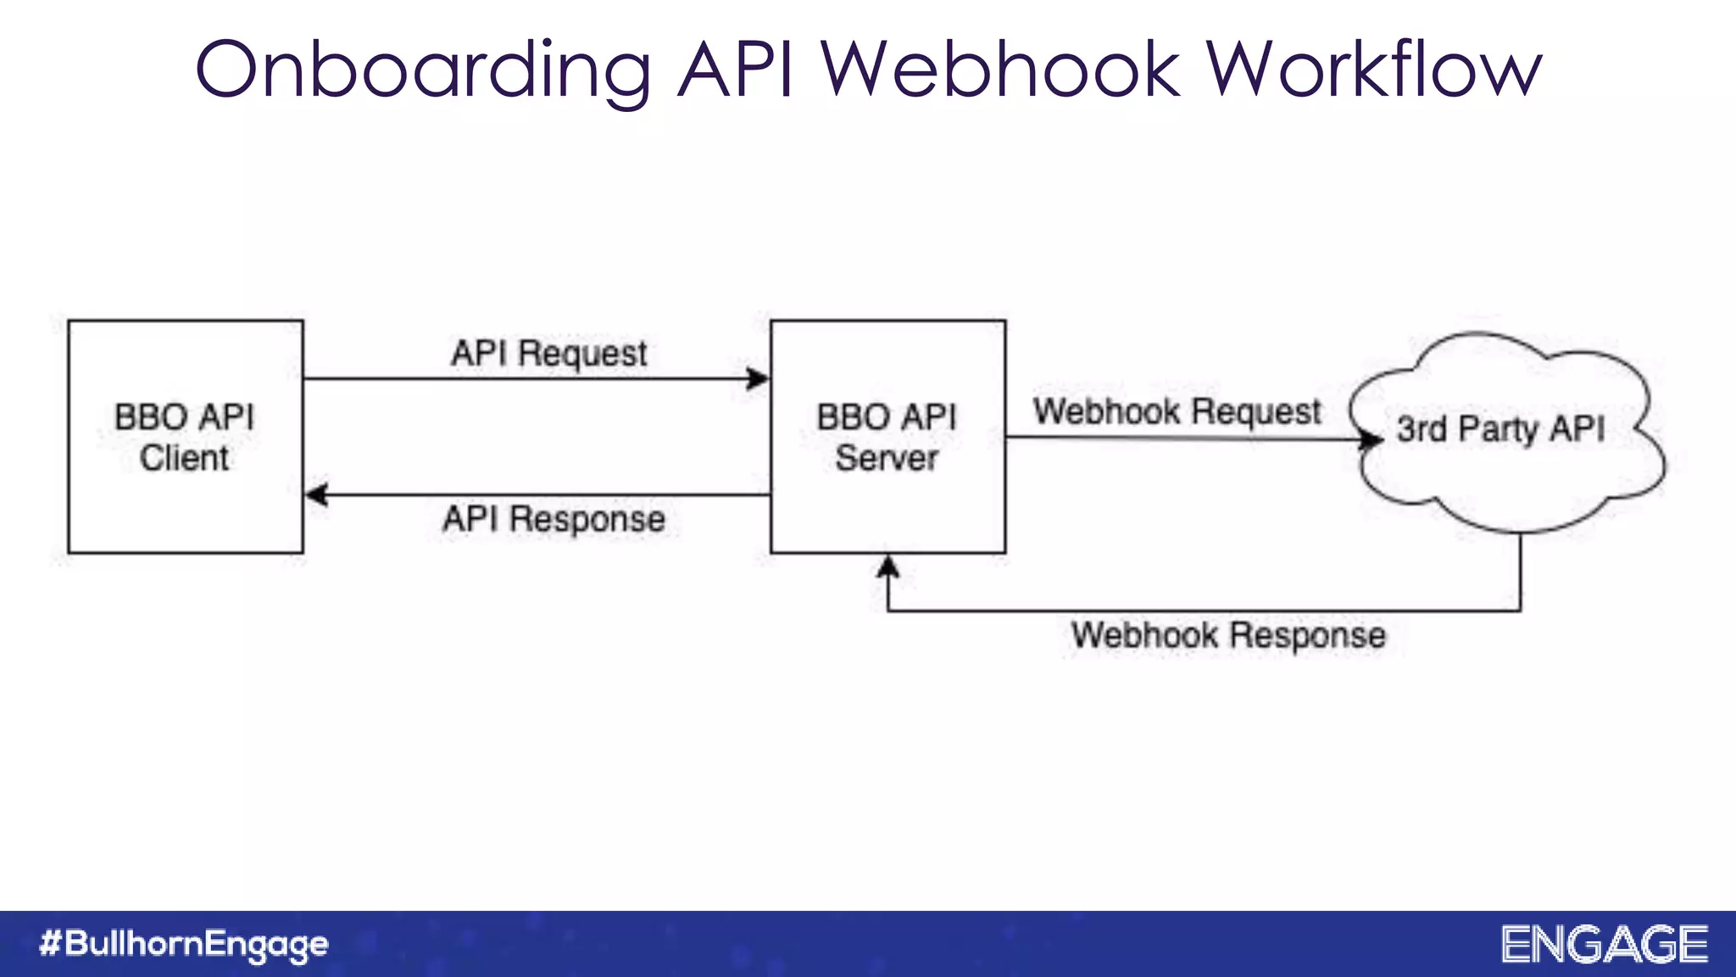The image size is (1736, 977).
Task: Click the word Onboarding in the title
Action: [423, 70]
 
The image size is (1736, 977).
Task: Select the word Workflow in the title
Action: [1373, 70]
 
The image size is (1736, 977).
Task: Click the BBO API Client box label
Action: [185, 437]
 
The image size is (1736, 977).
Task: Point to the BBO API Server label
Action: [887, 437]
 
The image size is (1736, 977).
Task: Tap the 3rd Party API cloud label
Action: [1500, 429]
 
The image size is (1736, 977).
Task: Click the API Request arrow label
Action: [548, 354]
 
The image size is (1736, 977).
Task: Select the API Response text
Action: [554, 519]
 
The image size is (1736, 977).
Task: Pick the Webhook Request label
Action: [1177, 412]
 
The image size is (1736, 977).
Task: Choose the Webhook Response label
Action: [1228, 635]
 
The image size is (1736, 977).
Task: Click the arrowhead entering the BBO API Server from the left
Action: [758, 378]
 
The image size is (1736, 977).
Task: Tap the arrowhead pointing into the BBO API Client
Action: [317, 494]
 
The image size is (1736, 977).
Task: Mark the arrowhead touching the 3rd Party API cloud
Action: [1371, 438]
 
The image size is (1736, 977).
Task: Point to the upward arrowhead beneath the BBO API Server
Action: [887, 567]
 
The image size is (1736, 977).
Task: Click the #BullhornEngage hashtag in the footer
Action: [184, 944]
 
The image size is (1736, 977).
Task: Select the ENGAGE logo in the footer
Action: [1605, 945]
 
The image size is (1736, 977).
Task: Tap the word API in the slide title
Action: [736, 70]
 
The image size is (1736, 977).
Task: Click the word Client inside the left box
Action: [185, 458]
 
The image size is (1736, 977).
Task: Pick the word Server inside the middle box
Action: [887, 458]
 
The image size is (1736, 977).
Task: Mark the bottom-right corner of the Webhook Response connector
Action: [1520, 610]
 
